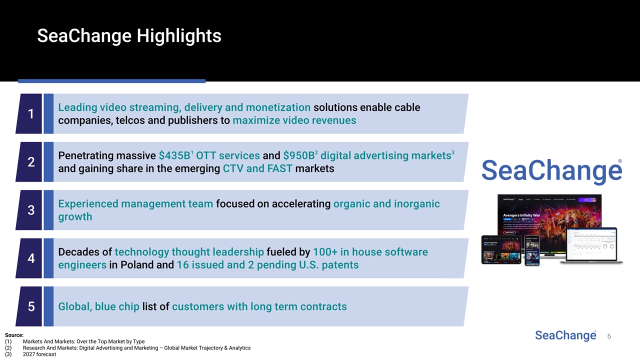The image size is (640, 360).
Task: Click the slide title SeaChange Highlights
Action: click(x=129, y=36)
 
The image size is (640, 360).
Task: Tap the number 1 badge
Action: click(x=30, y=114)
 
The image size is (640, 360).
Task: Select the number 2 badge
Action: click(x=30, y=162)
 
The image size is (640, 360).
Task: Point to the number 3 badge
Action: click(x=30, y=210)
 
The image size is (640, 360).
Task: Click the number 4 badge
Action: click(x=30, y=258)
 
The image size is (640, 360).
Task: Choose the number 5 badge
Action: click(x=30, y=306)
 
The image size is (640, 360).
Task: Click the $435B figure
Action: click(x=173, y=155)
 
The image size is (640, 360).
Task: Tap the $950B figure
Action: click(x=298, y=155)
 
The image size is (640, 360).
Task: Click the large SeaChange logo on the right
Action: click(x=551, y=171)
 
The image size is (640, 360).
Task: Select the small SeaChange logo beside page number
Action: click(x=565, y=335)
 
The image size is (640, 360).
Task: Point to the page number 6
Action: click(x=609, y=336)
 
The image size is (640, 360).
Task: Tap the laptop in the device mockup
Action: click(x=591, y=246)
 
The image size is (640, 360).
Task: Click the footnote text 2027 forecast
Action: click(x=39, y=354)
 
